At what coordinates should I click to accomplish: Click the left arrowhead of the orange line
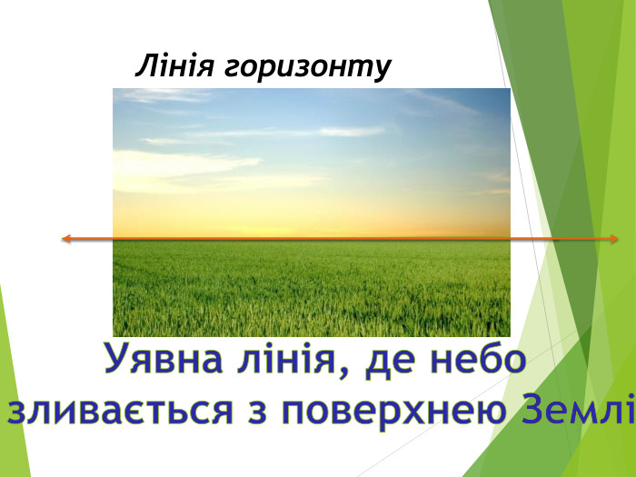65,239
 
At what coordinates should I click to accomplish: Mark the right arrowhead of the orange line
614,239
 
